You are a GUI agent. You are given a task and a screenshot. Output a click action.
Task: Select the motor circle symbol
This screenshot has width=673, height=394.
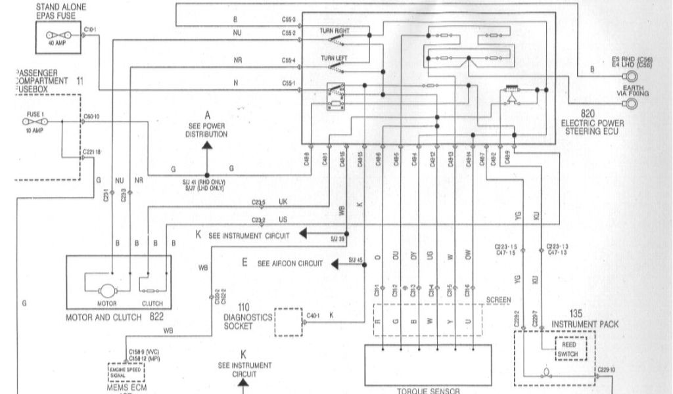106,289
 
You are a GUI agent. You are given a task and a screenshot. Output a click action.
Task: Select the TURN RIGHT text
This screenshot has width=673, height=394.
336,31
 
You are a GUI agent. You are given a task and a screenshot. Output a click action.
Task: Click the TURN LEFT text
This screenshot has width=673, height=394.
334,58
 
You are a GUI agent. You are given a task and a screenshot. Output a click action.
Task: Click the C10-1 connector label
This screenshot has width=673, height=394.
91,30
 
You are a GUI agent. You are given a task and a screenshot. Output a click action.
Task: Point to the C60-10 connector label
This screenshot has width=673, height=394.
91,117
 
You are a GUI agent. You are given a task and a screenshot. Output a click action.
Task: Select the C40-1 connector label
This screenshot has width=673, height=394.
313,316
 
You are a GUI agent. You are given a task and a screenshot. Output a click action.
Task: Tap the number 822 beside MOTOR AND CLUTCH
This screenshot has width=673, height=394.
156,317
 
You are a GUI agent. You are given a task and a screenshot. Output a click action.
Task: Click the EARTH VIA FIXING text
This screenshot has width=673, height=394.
630,91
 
